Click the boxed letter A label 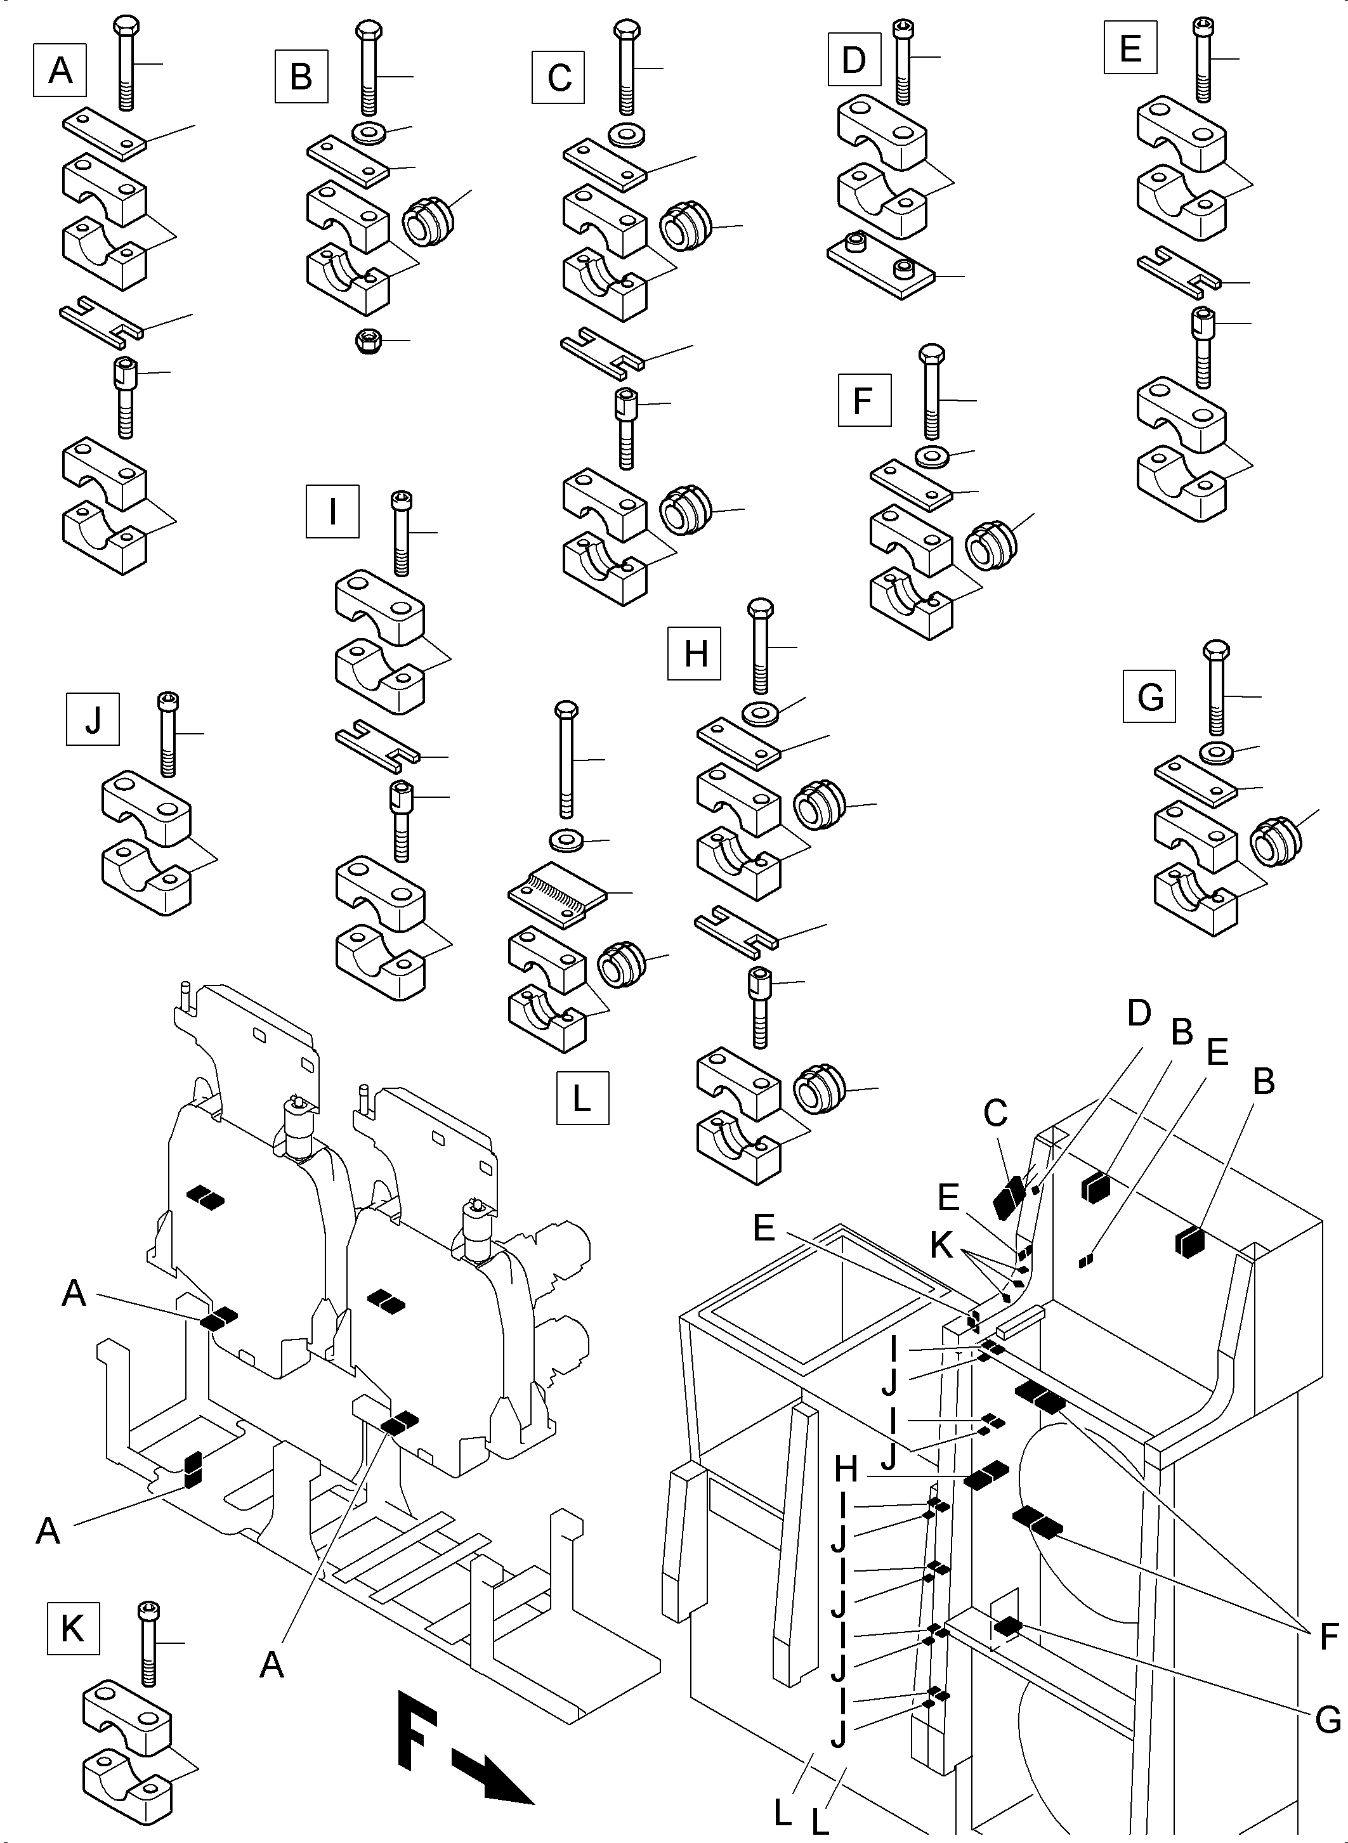(x=60, y=71)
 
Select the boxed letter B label (x=301, y=77)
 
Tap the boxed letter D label (x=853, y=60)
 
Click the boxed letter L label (x=582, y=1099)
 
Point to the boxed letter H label (x=695, y=653)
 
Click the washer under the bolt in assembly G (x=1216, y=750)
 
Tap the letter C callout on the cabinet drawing (x=995, y=1114)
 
